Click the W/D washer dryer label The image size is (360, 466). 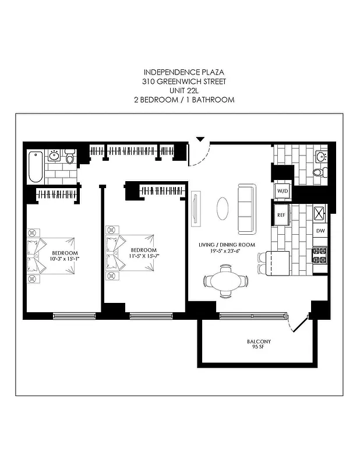(283, 190)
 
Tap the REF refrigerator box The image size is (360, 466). (281, 215)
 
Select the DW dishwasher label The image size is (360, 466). (320, 231)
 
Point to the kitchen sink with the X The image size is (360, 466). (320, 214)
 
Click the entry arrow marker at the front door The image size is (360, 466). (200, 139)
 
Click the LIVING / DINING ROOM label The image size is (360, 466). (226, 245)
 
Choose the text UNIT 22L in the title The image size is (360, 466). (179, 91)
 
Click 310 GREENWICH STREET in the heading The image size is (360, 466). (179, 82)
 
